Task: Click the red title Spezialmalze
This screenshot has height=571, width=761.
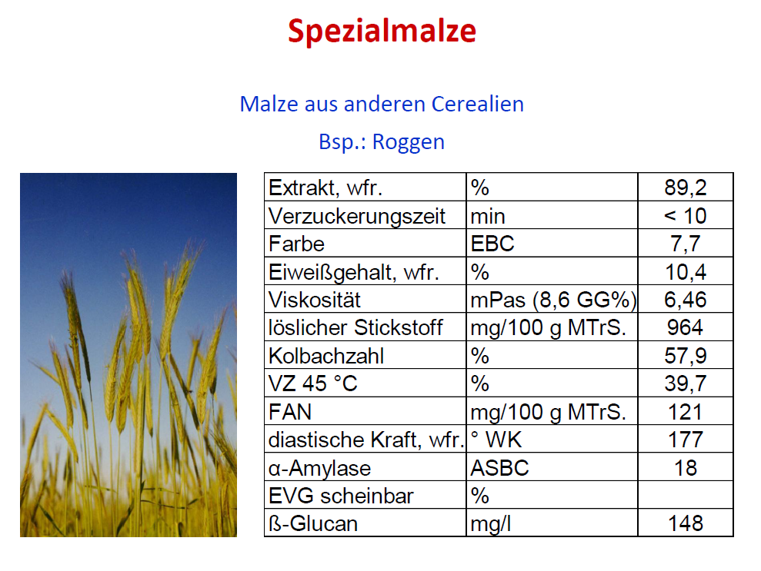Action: pyautogui.click(x=382, y=32)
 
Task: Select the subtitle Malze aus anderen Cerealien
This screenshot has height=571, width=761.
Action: pyautogui.click(x=382, y=104)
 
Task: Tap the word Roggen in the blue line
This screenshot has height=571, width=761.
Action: pyautogui.click(x=408, y=142)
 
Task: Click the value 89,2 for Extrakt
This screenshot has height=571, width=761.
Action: pyautogui.click(x=686, y=188)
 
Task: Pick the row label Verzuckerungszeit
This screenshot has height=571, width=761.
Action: pyautogui.click(x=357, y=216)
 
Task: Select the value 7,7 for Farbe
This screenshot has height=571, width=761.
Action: pyautogui.click(x=686, y=244)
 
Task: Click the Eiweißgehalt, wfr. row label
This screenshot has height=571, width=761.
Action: pyautogui.click(x=354, y=272)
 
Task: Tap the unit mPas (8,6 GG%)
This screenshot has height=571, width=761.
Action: pyautogui.click(x=553, y=300)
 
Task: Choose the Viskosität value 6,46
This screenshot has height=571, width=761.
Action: pyautogui.click(x=686, y=300)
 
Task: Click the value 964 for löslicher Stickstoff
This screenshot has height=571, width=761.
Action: pyautogui.click(x=686, y=327)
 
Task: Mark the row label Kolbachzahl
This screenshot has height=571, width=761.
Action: pyautogui.click(x=326, y=356)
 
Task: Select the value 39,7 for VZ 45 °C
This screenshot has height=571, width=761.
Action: pyautogui.click(x=686, y=384)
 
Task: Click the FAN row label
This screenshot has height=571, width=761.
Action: pyautogui.click(x=290, y=412)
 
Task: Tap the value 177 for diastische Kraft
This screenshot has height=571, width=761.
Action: pyautogui.click(x=686, y=440)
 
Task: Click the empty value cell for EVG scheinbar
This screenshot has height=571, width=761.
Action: pyautogui.click(x=686, y=495)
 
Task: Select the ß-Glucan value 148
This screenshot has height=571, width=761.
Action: pyautogui.click(x=686, y=523)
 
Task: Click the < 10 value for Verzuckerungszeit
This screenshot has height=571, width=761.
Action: pyautogui.click(x=686, y=216)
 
